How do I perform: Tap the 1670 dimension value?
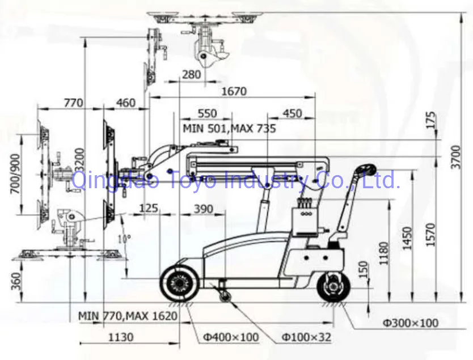coord(234,91)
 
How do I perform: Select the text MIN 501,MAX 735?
coord(229,129)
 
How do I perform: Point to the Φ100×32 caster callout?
coord(306,338)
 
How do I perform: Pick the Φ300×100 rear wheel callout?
coord(410,323)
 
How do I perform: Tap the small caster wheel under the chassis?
coord(226,296)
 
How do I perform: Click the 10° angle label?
coord(124,238)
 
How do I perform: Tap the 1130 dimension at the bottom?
coord(120,337)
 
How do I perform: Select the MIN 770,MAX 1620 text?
coord(128,315)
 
